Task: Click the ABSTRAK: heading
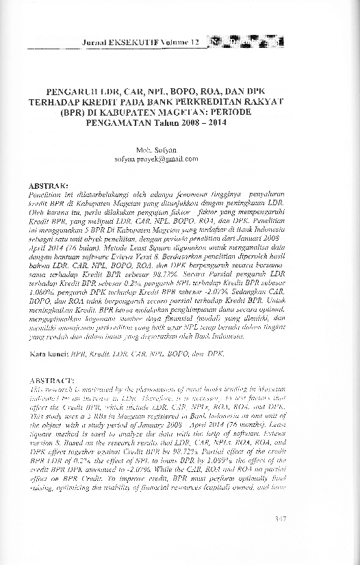tap(47, 185)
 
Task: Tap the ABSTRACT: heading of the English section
tap(49, 379)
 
